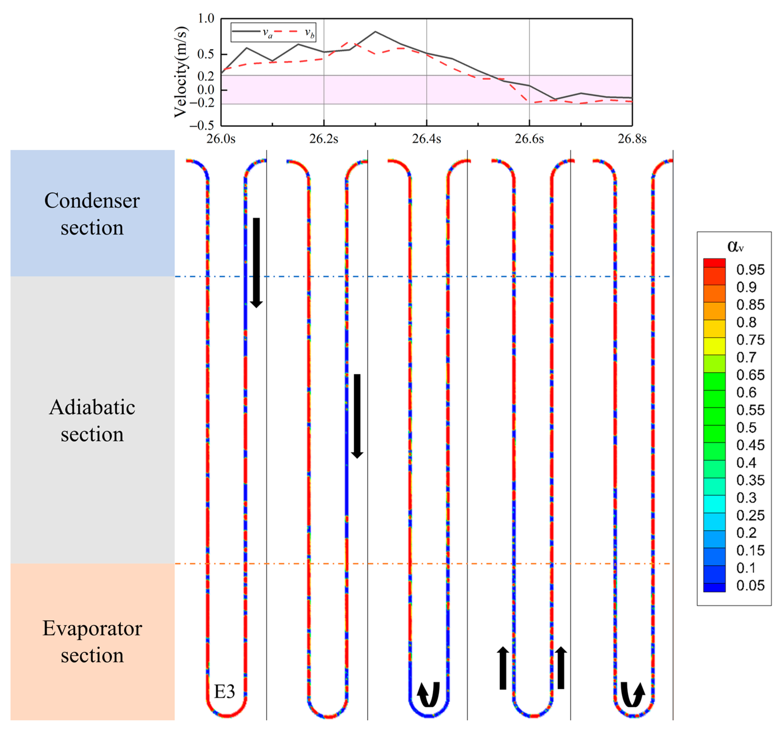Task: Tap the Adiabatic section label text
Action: (x=92, y=420)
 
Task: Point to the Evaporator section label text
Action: (x=92, y=641)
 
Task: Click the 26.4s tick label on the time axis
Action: (x=426, y=139)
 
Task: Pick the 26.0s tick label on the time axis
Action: (x=221, y=139)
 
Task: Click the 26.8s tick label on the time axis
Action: (x=632, y=139)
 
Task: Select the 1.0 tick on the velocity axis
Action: (x=206, y=19)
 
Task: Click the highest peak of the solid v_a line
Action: (x=375, y=32)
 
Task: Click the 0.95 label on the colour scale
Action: (x=750, y=270)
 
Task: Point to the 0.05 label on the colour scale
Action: (x=750, y=586)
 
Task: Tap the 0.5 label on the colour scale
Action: (x=746, y=427)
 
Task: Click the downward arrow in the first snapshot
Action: (x=256, y=263)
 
